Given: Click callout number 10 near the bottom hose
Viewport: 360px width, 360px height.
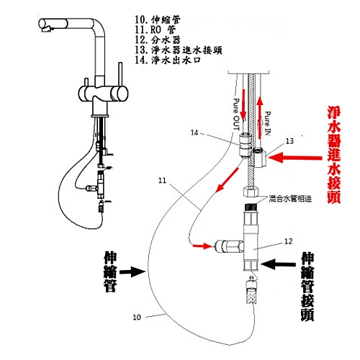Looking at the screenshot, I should (x=138, y=315).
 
